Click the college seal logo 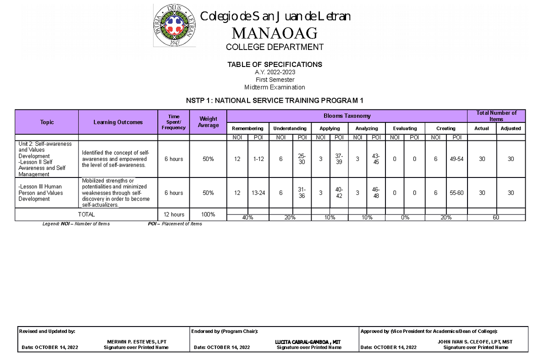(x=174, y=26)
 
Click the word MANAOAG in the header (x=275, y=33)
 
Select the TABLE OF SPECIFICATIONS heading (x=275, y=65)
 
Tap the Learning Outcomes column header (x=118, y=122)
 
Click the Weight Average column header (x=208, y=122)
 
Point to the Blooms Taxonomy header (x=347, y=116)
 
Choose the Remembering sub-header (x=247, y=128)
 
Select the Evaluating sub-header (x=405, y=128)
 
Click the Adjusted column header (x=511, y=128)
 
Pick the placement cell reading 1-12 (x=258, y=159)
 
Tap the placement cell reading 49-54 (x=456, y=159)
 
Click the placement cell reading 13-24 (x=258, y=193)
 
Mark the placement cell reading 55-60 (x=456, y=193)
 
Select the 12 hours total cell (x=174, y=215)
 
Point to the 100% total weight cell (x=208, y=215)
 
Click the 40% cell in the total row (x=247, y=218)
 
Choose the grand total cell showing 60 (x=496, y=218)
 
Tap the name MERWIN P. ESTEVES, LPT (x=137, y=342)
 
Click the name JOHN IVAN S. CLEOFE (x=475, y=342)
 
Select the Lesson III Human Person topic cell (x=46, y=193)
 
